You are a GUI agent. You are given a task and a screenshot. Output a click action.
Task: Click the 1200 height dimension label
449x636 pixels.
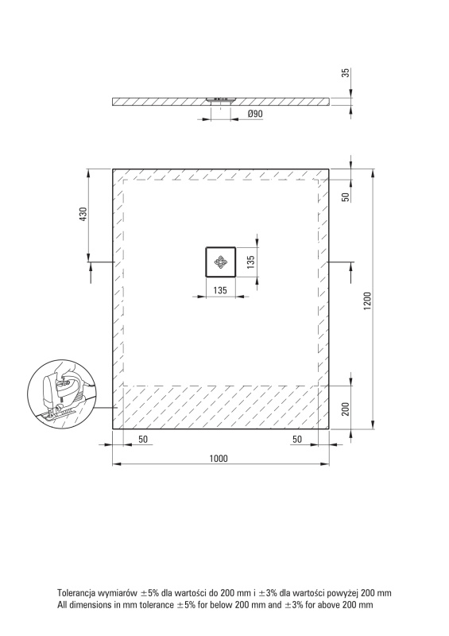[x=367, y=301]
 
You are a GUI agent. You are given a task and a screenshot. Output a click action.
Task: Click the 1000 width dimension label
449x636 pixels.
[x=219, y=459]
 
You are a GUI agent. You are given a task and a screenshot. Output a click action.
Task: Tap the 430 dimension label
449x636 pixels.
[x=83, y=214]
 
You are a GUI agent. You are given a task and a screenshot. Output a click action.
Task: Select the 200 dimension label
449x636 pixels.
[x=346, y=409]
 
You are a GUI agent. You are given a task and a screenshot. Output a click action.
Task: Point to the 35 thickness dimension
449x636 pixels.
[x=346, y=73]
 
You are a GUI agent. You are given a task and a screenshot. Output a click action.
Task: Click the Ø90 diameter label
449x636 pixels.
[x=255, y=114]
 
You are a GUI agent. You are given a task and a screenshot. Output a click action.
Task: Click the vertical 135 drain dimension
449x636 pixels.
[x=250, y=262]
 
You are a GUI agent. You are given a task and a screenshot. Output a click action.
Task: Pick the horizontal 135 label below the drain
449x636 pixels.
[x=220, y=290]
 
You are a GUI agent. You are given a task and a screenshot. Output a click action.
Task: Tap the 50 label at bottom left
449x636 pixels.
[x=143, y=440]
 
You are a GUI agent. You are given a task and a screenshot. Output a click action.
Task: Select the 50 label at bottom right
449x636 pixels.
[x=297, y=440]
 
